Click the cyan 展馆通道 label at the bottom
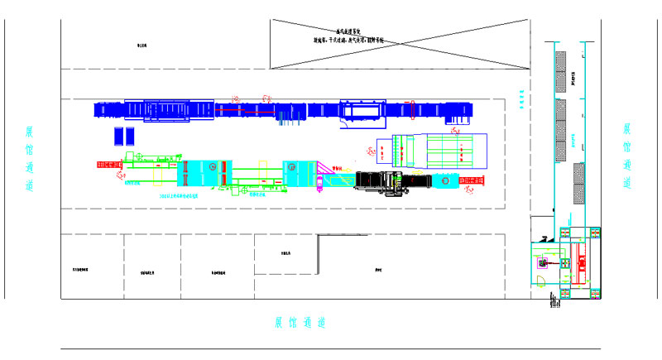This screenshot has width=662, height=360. coord(301,323)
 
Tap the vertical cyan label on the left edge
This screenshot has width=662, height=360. coord(31,160)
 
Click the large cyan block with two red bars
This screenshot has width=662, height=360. coord(207,172)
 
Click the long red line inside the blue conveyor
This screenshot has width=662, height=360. coord(245,108)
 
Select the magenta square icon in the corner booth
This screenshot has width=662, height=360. coord(543,263)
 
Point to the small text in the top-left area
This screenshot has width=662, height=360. coord(142,46)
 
